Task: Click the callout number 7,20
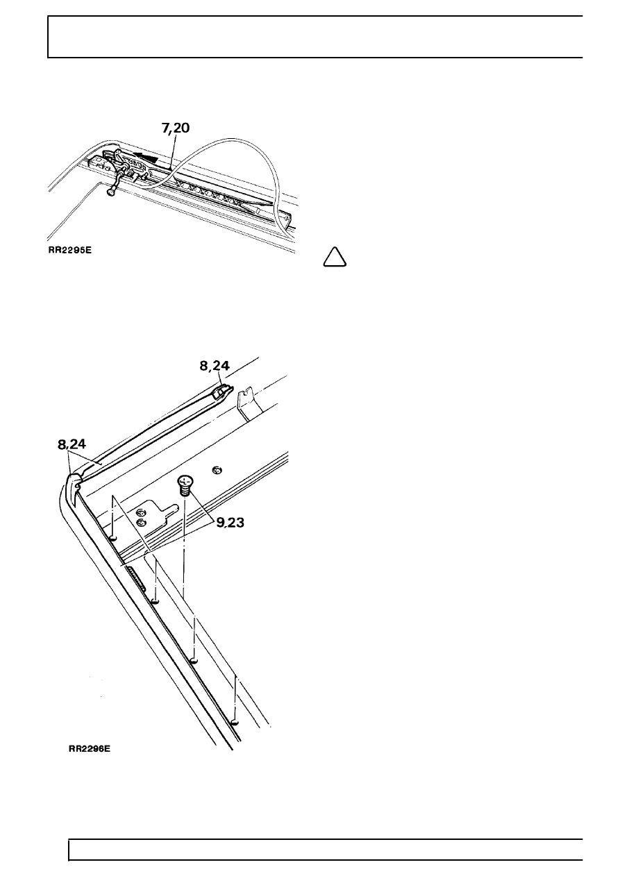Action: point(175,128)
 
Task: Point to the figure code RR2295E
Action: point(70,251)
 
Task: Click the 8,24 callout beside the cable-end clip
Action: point(215,366)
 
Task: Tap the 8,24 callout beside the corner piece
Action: point(72,445)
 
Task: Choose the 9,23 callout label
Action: point(231,522)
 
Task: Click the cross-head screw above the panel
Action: point(184,485)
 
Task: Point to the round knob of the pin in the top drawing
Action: point(110,192)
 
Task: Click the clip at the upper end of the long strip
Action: point(223,391)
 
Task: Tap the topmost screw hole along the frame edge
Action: point(112,539)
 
